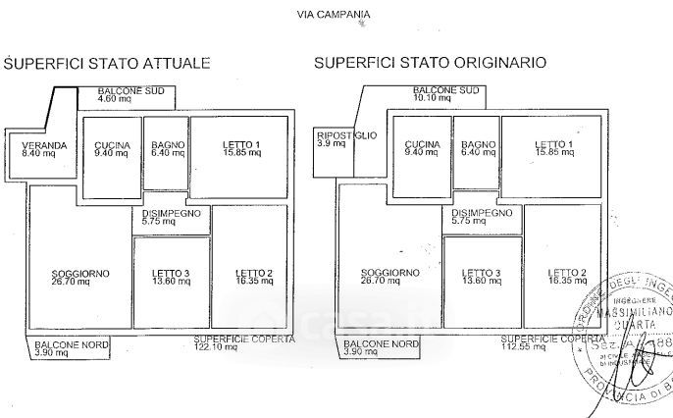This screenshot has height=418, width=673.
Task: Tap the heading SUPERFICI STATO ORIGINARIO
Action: point(430,63)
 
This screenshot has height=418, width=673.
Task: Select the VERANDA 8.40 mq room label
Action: point(44,149)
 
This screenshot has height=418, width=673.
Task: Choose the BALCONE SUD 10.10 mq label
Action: point(446,94)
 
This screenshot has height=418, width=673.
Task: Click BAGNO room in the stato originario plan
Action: point(478,149)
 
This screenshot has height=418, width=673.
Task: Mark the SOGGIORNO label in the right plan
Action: point(389,277)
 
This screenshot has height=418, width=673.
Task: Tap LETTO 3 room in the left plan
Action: point(171,277)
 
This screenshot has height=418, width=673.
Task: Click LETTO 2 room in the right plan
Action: point(567,277)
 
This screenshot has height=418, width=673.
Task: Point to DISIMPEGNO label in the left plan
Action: point(172,217)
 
